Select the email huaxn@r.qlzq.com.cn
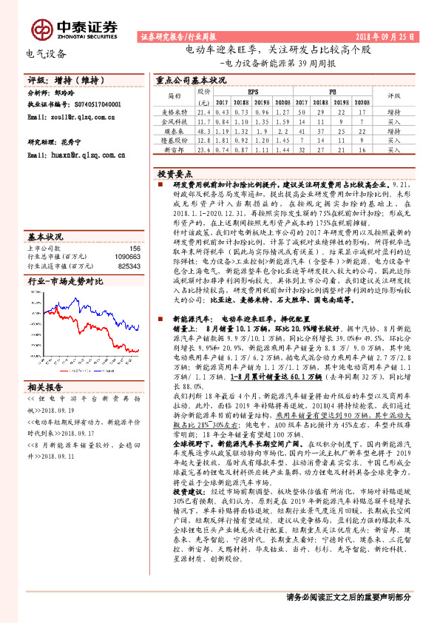click(76, 155)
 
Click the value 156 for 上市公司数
click(135, 249)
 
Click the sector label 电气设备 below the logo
click(46, 54)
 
